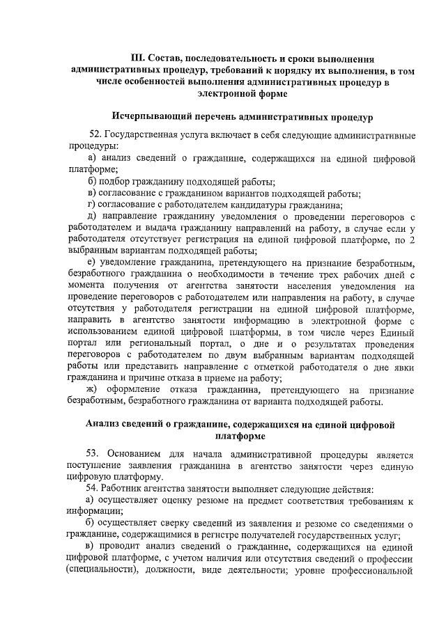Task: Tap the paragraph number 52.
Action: pyautogui.click(x=96, y=134)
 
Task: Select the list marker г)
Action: pyautogui.click(x=91, y=204)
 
